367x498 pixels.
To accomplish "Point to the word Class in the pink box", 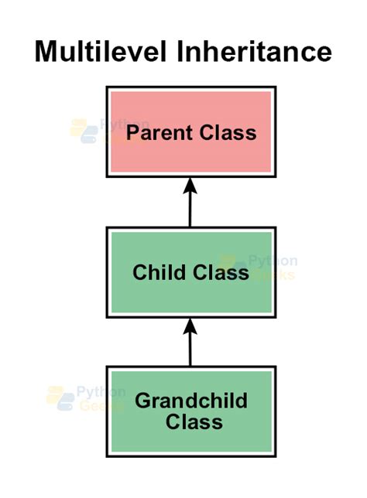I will coord(227,132).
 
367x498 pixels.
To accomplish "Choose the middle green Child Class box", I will coord(190,271).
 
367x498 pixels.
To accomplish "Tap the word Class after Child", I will coord(221,272).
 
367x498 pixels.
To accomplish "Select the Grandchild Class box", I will coord(190,410).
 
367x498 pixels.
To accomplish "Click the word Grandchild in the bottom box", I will coord(190,401).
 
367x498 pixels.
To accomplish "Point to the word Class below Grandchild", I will coord(194,422).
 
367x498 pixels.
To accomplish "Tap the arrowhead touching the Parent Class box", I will coord(190,186).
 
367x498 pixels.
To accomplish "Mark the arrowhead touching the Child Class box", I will coord(190,326).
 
